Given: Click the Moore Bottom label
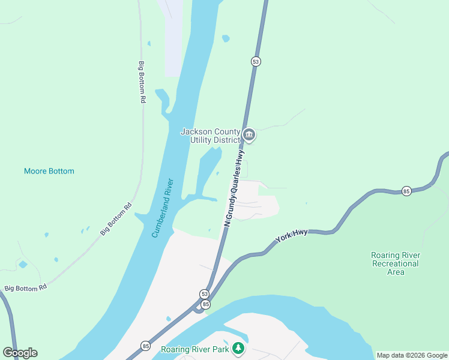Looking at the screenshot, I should tap(49, 171).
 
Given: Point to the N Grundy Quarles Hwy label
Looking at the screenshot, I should tap(235, 187).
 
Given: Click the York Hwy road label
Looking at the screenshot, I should tap(292, 235).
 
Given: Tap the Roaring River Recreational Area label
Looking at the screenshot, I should tap(395, 263).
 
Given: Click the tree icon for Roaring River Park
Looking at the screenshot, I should tap(239, 348).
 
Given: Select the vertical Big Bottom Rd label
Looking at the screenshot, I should tap(142, 82).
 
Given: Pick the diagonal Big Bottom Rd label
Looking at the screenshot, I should tap(116, 219).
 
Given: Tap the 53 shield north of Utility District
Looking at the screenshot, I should tap(256, 61).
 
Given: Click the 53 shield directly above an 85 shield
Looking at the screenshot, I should tap(205, 293).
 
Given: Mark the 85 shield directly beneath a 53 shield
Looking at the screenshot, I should tap(206, 304).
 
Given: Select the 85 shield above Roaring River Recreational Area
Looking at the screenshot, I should tap(406, 191).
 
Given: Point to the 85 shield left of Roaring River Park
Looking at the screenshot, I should tap(145, 346).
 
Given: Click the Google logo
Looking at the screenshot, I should tap(20, 353).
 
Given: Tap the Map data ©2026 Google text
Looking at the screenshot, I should tap(412, 355).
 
